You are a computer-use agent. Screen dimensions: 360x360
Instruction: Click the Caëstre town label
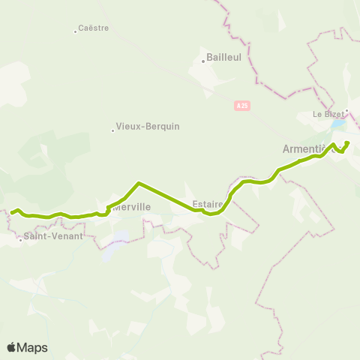(x=93, y=28)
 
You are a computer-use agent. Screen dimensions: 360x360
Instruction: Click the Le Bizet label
(x=327, y=115)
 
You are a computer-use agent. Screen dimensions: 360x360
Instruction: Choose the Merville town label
(x=132, y=206)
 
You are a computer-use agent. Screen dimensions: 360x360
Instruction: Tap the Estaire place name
(x=206, y=202)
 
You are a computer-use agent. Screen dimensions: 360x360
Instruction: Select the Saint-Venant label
(x=52, y=235)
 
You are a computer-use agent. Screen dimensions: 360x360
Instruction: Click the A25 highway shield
(x=241, y=106)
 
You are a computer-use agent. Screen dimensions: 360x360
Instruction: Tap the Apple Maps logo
(x=27, y=347)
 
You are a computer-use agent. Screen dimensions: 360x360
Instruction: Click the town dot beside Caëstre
(x=76, y=31)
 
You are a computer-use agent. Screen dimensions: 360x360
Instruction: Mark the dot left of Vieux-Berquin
(x=112, y=130)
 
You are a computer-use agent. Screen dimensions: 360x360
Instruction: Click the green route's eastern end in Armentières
(x=349, y=142)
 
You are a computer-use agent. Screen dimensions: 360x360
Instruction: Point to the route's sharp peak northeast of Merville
(x=139, y=182)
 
